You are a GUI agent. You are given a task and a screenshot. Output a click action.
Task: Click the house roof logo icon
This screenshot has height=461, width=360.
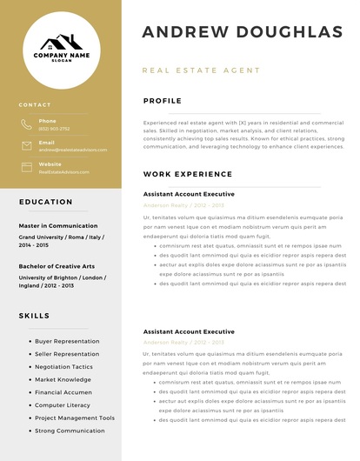click(61, 41)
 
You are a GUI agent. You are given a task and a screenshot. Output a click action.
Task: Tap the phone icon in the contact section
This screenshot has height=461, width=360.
click(26, 124)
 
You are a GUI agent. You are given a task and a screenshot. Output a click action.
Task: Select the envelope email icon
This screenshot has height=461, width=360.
click(26, 145)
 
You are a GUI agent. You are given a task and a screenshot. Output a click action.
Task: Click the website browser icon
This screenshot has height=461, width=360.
click(26, 167)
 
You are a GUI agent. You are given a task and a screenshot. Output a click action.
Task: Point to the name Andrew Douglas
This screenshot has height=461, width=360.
click(243, 32)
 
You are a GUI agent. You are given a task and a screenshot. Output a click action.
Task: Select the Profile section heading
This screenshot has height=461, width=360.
click(163, 101)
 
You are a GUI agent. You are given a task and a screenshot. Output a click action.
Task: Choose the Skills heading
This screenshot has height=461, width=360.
click(34, 315)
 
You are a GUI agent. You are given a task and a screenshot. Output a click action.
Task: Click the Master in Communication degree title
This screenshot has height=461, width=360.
click(58, 226)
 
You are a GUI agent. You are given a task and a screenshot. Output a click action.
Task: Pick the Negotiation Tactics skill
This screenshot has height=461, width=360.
click(63, 367)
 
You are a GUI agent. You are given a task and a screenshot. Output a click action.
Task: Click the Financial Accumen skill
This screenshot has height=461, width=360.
click(63, 392)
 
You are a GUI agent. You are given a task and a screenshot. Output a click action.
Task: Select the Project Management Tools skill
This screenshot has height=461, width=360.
click(75, 418)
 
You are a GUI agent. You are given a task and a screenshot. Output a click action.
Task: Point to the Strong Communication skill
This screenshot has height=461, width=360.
click(70, 431)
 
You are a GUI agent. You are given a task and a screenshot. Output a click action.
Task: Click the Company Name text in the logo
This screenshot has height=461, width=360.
click(62, 55)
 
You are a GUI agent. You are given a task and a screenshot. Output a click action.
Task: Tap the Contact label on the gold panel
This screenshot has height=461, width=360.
click(35, 104)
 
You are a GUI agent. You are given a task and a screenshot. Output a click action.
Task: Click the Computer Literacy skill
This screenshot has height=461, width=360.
click(62, 405)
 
